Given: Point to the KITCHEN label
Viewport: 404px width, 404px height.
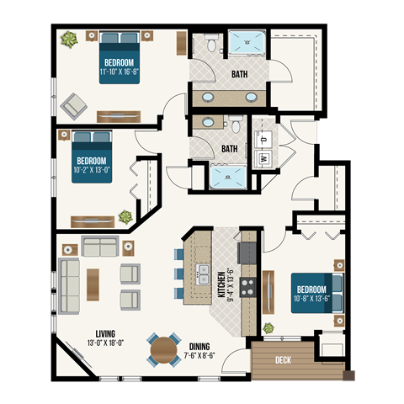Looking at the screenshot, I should tap(221, 285).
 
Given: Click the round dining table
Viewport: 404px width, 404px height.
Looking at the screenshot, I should tap(163, 348).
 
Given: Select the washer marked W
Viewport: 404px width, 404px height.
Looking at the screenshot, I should tap(263, 156).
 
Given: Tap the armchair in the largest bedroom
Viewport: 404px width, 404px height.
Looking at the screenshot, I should tap(74, 104).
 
